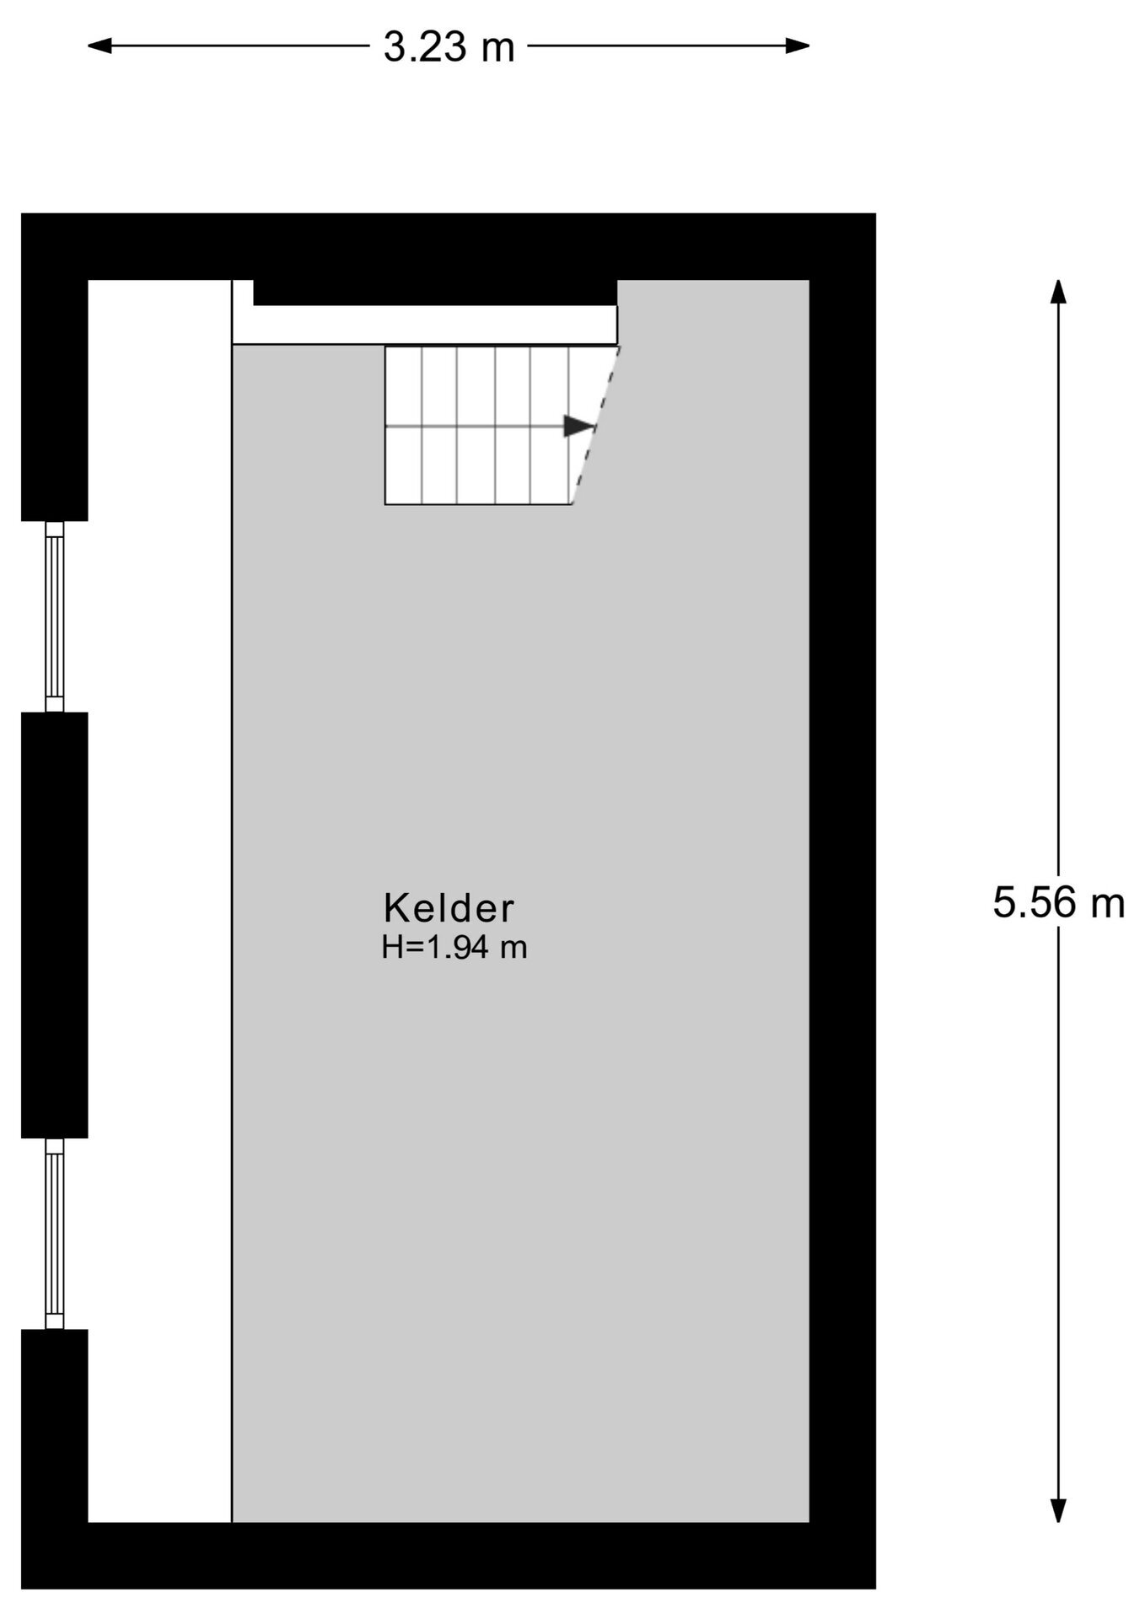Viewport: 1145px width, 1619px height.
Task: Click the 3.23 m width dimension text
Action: (x=449, y=46)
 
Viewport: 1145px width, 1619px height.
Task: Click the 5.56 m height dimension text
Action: (x=1058, y=902)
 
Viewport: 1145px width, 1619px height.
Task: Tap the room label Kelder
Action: (x=449, y=909)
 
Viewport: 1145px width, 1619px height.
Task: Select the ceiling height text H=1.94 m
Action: (x=454, y=948)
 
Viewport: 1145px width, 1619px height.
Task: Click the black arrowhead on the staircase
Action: (x=579, y=426)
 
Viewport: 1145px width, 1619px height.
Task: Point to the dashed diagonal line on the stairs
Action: (x=596, y=425)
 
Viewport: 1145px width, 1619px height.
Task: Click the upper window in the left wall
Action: (x=55, y=616)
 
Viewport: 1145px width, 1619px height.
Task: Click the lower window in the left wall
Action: (x=55, y=1234)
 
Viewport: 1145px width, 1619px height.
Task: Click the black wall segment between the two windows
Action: (x=55, y=925)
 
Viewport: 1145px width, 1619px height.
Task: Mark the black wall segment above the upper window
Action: (x=55, y=401)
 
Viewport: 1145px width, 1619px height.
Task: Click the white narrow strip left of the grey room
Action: (x=159, y=901)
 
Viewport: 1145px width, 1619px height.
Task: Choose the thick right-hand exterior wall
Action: (x=842, y=901)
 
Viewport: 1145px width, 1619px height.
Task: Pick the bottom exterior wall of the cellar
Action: (x=449, y=1556)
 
